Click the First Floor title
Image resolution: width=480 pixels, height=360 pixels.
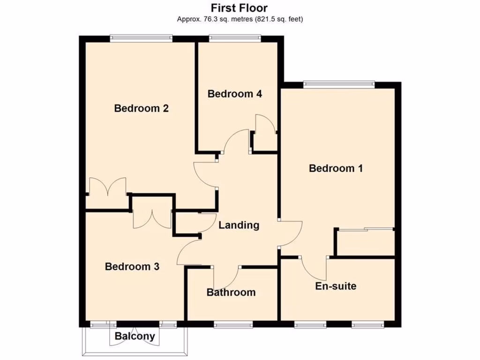pyautogui.click(x=240, y=8)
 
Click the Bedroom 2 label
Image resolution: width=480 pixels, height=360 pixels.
pyautogui.click(x=142, y=108)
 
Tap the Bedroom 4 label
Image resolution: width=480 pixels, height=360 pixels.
pyautogui.click(x=235, y=94)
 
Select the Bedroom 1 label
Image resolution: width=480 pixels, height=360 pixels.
pyautogui.click(x=336, y=168)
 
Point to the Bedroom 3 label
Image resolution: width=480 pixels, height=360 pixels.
pyautogui.click(x=132, y=267)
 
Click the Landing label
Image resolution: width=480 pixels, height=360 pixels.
pyautogui.click(x=239, y=225)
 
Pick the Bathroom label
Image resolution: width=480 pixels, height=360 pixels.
pyautogui.click(x=231, y=292)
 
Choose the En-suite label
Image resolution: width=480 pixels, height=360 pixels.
pyautogui.click(x=336, y=286)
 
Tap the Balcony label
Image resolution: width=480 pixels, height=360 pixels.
pyautogui.click(x=135, y=336)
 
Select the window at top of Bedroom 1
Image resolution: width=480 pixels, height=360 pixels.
pyautogui.click(x=339, y=85)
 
